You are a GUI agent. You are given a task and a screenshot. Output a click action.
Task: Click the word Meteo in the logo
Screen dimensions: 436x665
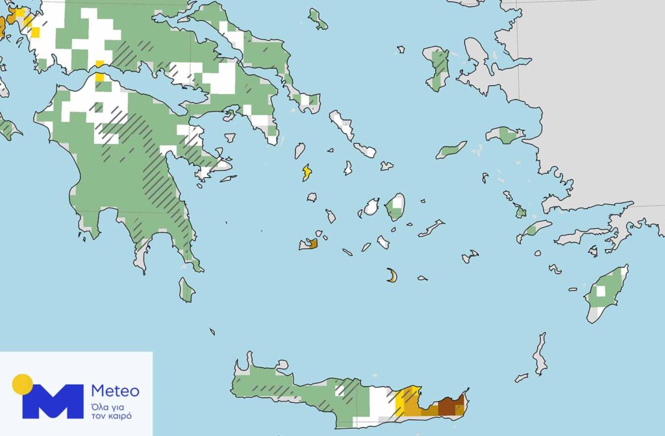coord(115,391)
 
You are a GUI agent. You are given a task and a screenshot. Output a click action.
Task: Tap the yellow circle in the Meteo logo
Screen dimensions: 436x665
coord(22,384)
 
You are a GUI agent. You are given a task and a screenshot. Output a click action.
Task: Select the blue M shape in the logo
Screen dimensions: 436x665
coord(53,401)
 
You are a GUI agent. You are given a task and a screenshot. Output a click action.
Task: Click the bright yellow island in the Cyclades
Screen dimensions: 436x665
coord(307,173)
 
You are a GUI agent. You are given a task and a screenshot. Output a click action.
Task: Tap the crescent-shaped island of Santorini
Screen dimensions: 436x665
coord(392,276)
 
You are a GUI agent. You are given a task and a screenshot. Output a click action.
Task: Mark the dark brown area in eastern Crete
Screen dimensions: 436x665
coord(447,407)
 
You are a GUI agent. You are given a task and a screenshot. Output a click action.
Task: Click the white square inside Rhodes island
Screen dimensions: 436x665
coord(601,291)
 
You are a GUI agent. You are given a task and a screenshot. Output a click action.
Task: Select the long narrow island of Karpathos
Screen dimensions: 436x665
coord(540,354)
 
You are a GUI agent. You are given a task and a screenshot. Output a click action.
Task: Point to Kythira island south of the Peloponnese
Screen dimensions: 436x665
coord(187,289)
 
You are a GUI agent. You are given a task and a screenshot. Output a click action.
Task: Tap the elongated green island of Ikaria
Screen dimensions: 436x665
coord(451,151)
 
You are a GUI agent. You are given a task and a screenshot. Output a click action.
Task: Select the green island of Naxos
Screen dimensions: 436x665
coord(395,207)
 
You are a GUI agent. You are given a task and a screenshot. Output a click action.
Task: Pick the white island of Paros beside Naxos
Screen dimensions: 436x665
coord(371,207)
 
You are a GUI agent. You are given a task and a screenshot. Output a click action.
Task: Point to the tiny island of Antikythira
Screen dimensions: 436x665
coord(212,332)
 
